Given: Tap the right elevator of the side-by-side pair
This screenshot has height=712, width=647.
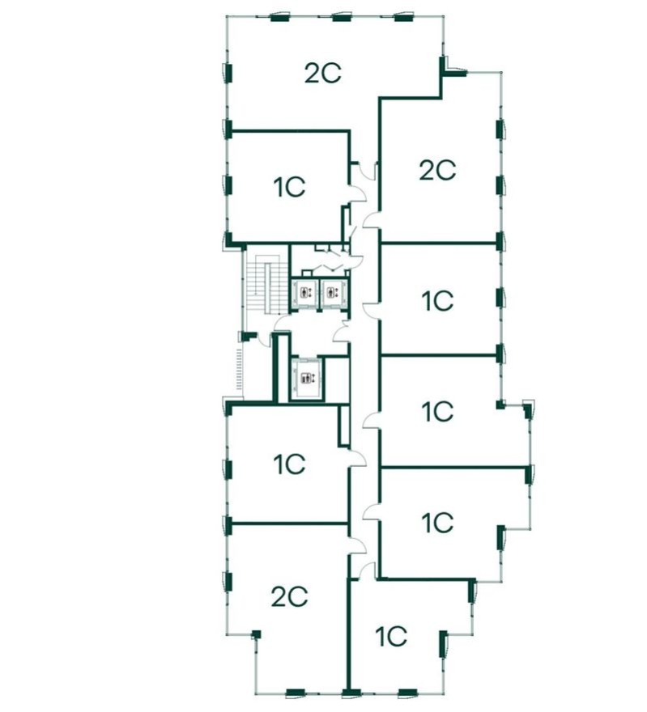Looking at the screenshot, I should [331, 294].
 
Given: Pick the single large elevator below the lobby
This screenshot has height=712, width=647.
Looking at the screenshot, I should [305, 378].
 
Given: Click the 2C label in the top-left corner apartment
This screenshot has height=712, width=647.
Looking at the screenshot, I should [322, 74].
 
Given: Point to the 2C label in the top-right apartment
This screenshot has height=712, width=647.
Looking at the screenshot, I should [437, 170].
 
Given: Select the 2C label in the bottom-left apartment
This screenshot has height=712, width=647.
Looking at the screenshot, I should [289, 597].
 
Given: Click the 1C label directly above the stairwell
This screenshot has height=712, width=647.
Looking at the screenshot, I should [288, 188].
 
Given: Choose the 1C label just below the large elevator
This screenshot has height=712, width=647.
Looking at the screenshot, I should [288, 464].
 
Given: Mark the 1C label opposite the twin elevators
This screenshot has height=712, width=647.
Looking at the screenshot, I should [437, 302].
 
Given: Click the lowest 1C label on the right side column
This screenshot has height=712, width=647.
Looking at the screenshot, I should [437, 523].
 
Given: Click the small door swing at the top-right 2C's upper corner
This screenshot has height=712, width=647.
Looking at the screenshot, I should [457, 71].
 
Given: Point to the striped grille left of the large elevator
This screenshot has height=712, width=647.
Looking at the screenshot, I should [239, 372].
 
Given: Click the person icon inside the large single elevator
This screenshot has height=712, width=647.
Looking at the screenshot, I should [305, 378].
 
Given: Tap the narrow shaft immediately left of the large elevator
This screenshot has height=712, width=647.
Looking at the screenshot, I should [282, 367].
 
